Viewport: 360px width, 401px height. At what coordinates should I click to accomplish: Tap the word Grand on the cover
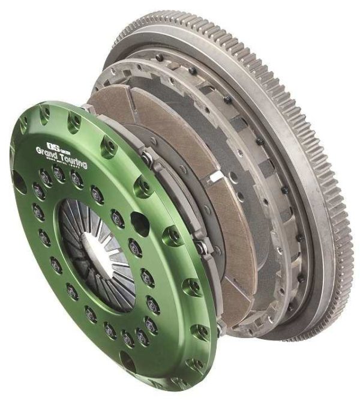[52, 151]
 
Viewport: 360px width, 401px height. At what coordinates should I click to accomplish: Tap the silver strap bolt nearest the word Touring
[146, 157]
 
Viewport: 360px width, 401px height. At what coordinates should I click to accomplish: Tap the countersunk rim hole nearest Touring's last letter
[109, 144]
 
